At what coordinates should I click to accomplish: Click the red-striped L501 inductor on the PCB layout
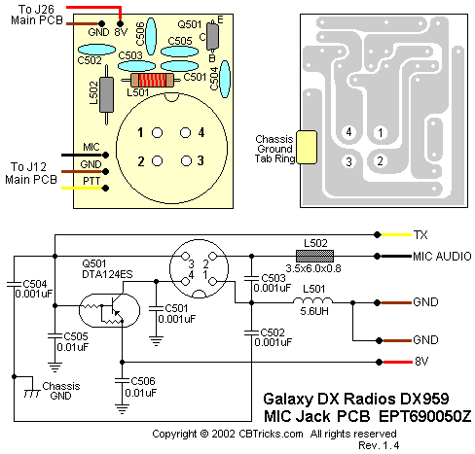(152, 80)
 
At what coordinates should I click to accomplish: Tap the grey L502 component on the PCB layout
(106, 94)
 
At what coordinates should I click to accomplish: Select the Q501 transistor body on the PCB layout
(212, 36)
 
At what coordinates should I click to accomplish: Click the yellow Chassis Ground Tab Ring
(307, 147)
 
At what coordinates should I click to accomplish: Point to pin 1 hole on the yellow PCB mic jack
(157, 132)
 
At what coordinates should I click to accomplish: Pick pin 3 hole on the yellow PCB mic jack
(186, 160)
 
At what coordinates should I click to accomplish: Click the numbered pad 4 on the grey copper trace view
(348, 132)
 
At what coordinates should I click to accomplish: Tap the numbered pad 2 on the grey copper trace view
(381, 160)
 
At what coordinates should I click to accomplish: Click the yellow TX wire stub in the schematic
(396, 234)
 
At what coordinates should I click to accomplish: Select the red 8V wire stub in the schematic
(397, 362)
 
